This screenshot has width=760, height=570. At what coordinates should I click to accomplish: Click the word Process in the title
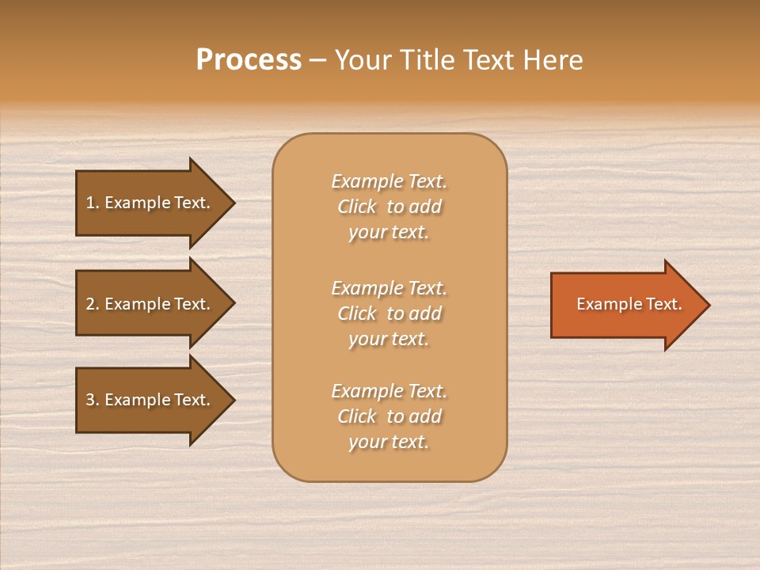click(x=249, y=60)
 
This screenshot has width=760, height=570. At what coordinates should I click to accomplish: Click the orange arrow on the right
click(x=625, y=305)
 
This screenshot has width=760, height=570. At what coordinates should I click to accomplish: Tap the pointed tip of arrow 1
click(x=233, y=203)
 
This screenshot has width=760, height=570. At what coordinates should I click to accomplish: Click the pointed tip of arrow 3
click(x=233, y=400)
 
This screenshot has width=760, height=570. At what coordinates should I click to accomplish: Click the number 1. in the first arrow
click(x=92, y=203)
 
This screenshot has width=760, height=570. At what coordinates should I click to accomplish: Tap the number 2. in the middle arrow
click(x=92, y=304)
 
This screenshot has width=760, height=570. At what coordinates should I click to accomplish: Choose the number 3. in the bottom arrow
click(x=92, y=400)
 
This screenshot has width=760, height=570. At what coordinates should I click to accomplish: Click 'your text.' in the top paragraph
click(x=389, y=233)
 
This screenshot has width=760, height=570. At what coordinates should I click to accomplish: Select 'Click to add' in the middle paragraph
click(x=389, y=313)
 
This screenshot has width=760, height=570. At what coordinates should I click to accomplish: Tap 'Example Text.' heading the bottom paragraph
click(x=389, y=391)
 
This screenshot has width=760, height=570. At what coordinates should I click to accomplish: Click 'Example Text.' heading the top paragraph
click(x=389, y=181)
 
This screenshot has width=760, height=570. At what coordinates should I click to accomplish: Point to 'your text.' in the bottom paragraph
click(x=389, y=442)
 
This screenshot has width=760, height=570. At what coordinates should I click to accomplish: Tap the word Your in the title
click(x=364, y=60)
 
